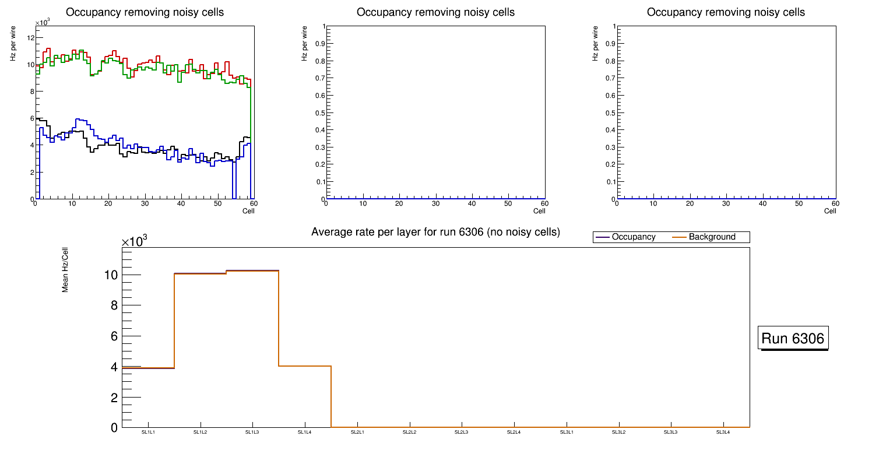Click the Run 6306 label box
pyautogui.click(x=793, y=339)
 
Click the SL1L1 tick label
pyautogui.click(x=148, y=432)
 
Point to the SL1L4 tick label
pyautogui.click(x=305, y=432)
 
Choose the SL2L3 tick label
pyautogui.click(x=462, y=432)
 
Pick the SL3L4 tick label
pyautogui.click(x=723, y=432)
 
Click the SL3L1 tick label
pyautogui.click(x=566, y=432)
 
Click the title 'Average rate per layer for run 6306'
pyautogui.click(x=435, y=233)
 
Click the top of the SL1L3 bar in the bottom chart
pyautogui.click(x=252, y=270)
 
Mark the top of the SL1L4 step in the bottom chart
pyautogui.click(x=305, y=366)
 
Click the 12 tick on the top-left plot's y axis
pyautogui.click(x=30, y=37)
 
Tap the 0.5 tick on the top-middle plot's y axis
pyautogui.click(x=319, y=113)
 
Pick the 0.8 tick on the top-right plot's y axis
pyautogui.click(x=610, y=61)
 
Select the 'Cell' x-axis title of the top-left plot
pyautogui.click(x=248, y=211)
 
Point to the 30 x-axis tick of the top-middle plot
pyautogui.click(x=435, y=203)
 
